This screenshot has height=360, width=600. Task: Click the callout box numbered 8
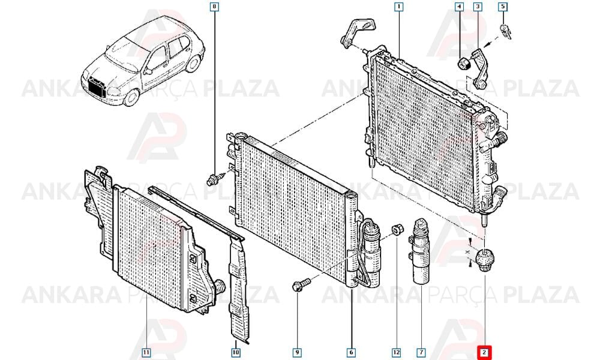(x=215, y=7)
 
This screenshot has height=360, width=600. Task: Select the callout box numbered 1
(x=399, y=7)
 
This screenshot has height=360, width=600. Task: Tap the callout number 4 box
(x=459, y=7)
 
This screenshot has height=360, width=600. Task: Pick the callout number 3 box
(x=478, y=7)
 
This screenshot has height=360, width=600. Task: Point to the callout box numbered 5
(x=503, y=7)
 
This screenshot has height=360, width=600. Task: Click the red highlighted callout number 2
(x=484, y=352)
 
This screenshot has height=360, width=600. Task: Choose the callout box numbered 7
(x=421, y=352)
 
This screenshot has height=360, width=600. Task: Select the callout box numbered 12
(x=396, y=352)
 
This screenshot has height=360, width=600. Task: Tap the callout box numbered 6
(x=351, y=352)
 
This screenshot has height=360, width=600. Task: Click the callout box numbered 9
(x=297, y=352)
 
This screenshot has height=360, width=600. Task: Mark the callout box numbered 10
(x=236, y=352)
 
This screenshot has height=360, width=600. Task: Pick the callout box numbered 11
(x=146, y=352)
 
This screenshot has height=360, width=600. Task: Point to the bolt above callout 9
(x=301, y=285)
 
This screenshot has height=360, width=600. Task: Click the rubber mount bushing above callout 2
(x=485, y=259)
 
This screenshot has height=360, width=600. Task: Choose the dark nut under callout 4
(x=464, y=64)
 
